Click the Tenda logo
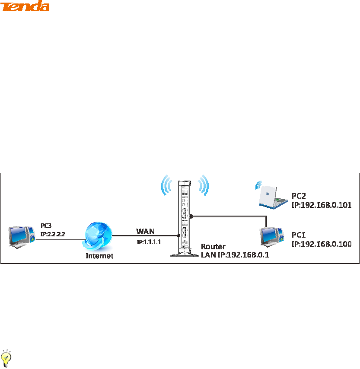click(x=25, y=6)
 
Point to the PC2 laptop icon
click(x=271, y=195)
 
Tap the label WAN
click(x=145, y=232)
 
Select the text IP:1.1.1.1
click(x=149, y=242)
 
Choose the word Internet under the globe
click(x=99, y=256)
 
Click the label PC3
click(x=46, y=226)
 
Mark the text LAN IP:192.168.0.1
click(x=235, y=255)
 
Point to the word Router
click(x=213, y=247)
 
